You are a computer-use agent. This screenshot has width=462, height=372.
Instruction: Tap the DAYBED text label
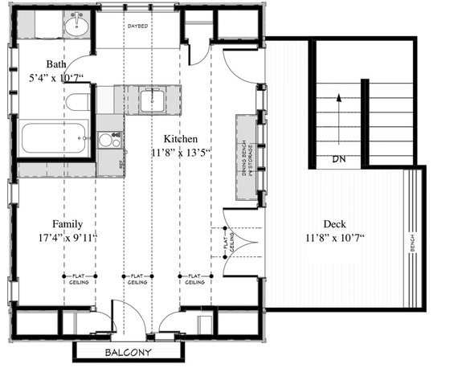137,27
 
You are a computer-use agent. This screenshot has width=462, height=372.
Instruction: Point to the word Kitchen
181,137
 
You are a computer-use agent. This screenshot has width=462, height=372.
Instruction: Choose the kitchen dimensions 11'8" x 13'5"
181,151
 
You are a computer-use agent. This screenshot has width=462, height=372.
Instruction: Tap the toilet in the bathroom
77,104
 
